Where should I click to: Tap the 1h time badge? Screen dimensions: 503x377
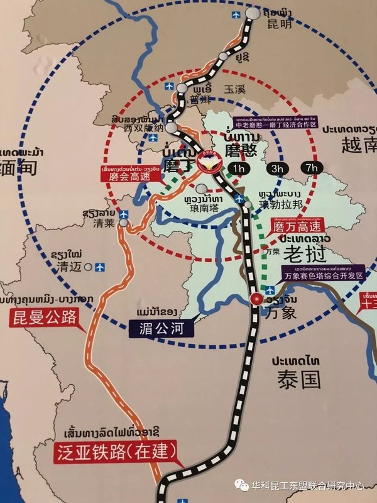[x=239, y=169]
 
